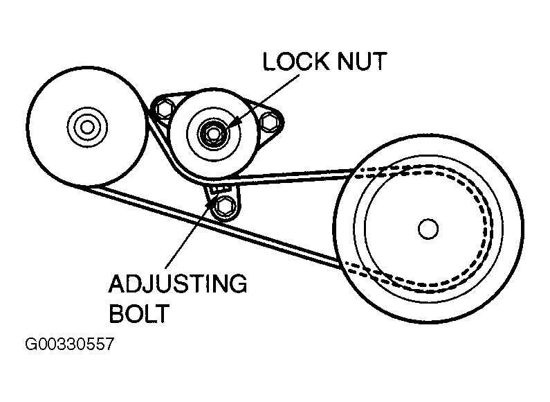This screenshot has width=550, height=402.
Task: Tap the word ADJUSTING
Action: coord(177,284)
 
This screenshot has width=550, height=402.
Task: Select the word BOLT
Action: coord(139,314)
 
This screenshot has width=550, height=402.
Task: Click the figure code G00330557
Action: coord(68,344)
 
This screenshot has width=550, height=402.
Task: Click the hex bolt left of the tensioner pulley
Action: coord(163,109)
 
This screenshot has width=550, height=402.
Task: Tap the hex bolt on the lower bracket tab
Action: coord(224,205)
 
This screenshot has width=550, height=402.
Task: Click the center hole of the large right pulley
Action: coord(428,227)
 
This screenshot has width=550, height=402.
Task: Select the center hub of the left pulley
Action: coord(86,127)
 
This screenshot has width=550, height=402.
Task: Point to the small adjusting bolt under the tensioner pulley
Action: coord(220,189)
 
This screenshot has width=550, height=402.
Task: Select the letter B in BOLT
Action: coord(116,314)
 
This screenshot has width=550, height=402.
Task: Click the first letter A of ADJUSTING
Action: coord(116,284)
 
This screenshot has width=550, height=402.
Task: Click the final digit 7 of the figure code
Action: coord(107,344)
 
